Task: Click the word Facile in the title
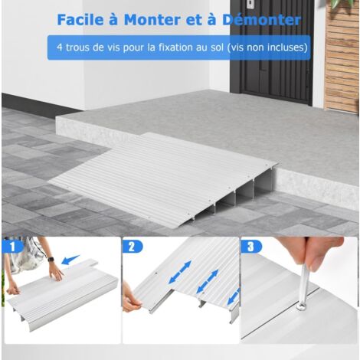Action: (x=80, y=20)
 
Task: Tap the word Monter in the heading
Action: (x=152, y=20)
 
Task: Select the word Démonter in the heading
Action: (x=261, y=20)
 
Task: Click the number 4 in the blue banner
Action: (x=60, y=47)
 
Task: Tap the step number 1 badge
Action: (x=13, y=247)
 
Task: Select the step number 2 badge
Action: (x=132, y=247)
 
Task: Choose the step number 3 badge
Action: (x=250, y=247)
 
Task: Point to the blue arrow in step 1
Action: (x=70, y=260)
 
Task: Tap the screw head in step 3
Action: (x=302, y=306)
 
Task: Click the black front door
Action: (x=271, y=51)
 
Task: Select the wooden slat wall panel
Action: (x=342, y=55)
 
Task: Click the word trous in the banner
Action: (x=77, y=47)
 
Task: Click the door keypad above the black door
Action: (x=250, y=4)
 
